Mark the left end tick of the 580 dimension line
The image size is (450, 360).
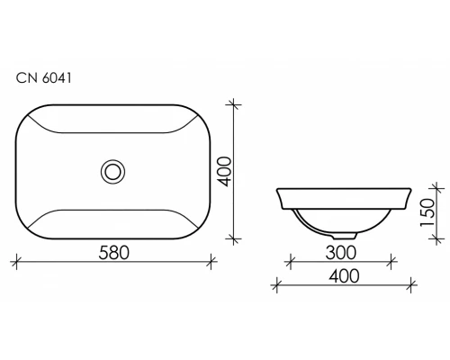pyautogui.click(x=17, y=263)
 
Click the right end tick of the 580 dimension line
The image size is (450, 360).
pyautogui.click(x=211, y=263)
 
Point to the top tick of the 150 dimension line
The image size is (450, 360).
pyautogui.click(x=438, y=187)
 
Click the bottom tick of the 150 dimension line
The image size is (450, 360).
pyautogui.click(x=438, y=238)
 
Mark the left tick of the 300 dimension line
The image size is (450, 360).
pyautogui.click(x=291, y=263)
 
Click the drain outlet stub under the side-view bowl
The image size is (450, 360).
pyautogui.click(x=350, y=235)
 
